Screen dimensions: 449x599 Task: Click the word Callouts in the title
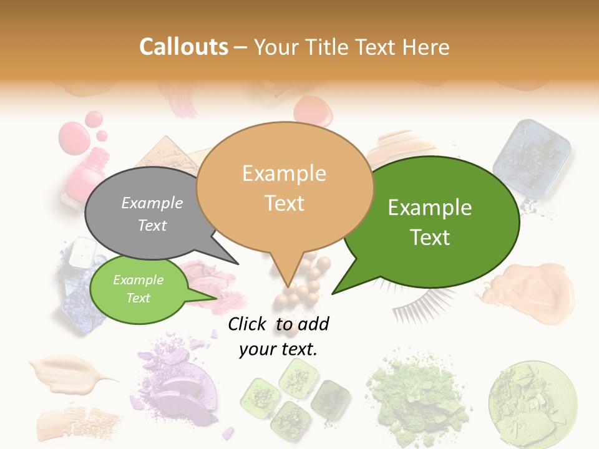[x=183, y=47]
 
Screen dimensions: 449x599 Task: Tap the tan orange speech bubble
[x=285, y=187]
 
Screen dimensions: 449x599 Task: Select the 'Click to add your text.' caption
[x=278, y=337]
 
